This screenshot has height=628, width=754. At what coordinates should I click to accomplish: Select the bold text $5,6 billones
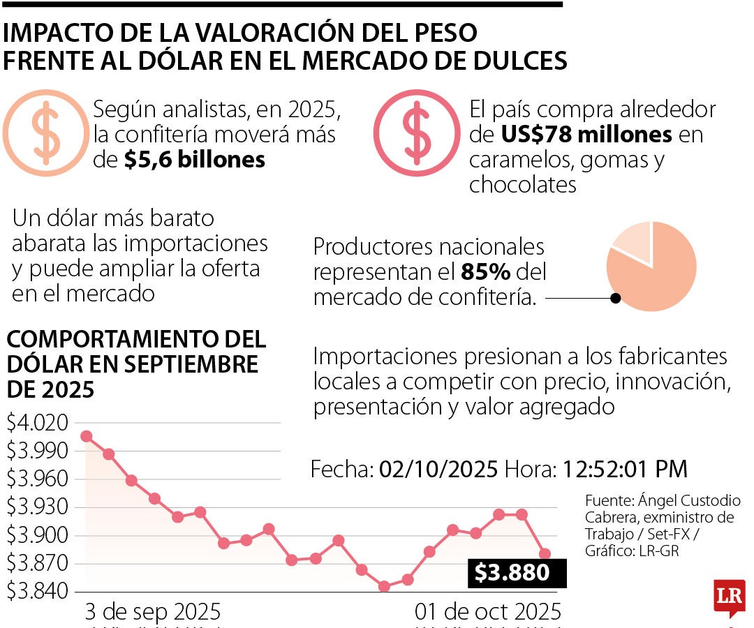coord(195,160)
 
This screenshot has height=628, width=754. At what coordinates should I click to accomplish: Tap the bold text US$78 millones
coord(586,134)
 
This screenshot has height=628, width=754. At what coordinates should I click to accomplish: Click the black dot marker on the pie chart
coord(615,298)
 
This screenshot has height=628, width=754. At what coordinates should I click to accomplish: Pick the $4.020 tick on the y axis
coord(38,423)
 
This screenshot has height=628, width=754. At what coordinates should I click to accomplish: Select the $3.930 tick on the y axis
coord(38,507)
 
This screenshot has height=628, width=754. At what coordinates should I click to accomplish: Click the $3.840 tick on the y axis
coord(38,592)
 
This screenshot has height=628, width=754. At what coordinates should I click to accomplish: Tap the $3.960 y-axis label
coord(38,479)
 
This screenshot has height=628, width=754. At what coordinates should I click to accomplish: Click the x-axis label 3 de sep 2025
coord(152,612)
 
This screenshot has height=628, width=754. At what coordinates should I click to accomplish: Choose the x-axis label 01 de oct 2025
coord(487,612)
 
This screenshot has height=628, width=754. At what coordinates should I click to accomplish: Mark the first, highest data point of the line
coord(87,436)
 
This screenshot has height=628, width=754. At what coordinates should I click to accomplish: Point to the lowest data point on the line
coord(384,586)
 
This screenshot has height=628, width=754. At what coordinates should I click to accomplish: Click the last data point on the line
coord(545,554)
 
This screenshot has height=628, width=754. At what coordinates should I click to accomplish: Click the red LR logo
coord(728,597)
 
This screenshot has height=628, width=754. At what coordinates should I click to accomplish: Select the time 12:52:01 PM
coord(621,469)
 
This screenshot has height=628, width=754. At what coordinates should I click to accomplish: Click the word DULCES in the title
coord(518,61)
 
